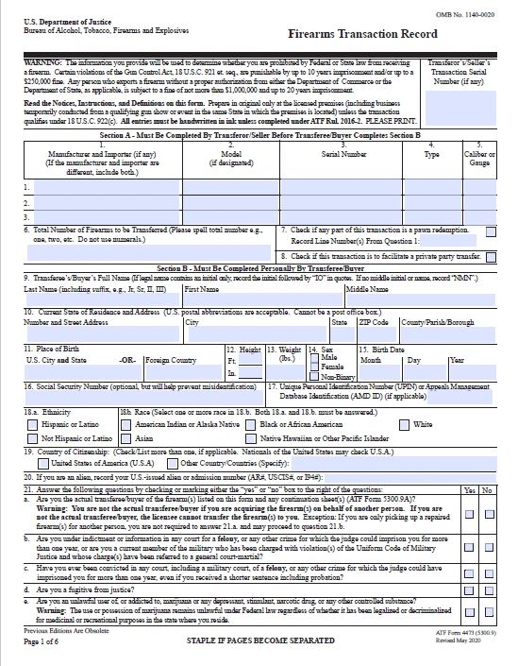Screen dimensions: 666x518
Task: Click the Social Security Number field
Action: tap(142, 401)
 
